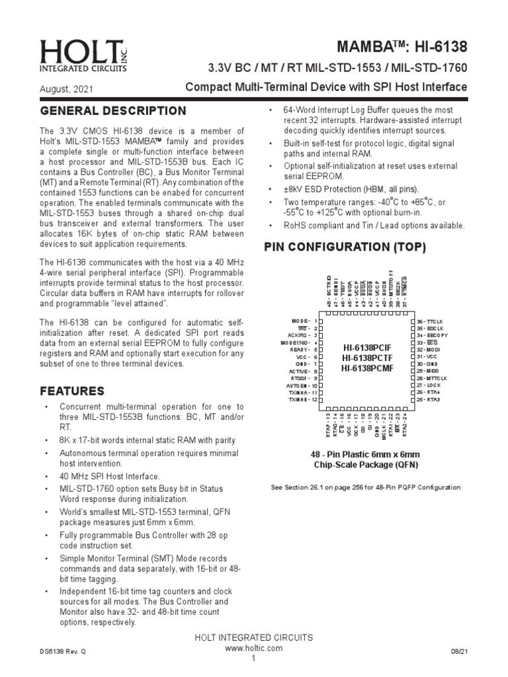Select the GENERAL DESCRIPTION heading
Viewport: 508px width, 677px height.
[113, 110]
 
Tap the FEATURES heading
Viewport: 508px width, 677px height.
[72, 391]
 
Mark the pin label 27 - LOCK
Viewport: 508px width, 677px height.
[429, 385]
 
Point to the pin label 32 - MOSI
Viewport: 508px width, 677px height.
[430, 349]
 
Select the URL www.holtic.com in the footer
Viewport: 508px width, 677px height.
[253, 648]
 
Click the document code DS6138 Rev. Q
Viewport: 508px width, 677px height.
[63, 651]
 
